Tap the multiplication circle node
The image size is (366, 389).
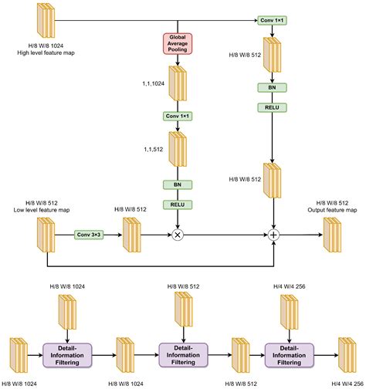click(177, 234)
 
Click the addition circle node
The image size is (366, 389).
click(273, 234)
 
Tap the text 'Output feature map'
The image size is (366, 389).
click(331, 210)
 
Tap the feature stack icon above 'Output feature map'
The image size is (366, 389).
click(332, 233)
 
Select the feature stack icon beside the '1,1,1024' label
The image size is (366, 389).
click(178, 83)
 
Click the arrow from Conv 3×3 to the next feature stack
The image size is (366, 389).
click(113, 234)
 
